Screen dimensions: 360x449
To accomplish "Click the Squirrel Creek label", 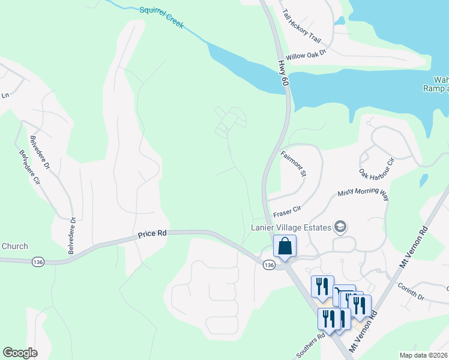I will pyautogui.click(x=161, y=18).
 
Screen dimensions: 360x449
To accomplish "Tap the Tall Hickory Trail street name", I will pyautogui.click(x=301, y=26).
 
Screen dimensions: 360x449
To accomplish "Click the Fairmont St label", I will pyautogui.click(x=294, y=163).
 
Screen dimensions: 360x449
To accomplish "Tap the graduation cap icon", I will pyautogui.click(x=341, y=226).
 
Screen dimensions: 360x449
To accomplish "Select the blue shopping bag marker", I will pyautogui.click(x=285, y=246).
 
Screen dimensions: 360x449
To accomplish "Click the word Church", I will pyautogui.click(x=14, y=246).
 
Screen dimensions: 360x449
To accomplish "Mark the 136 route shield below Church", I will pyautogui.click(x=38, y=262).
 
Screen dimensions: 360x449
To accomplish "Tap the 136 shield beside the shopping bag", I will pyautogui.click(x=268, y=265).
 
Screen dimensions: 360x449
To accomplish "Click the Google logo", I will pyautogui.click(x=20, y=353).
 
